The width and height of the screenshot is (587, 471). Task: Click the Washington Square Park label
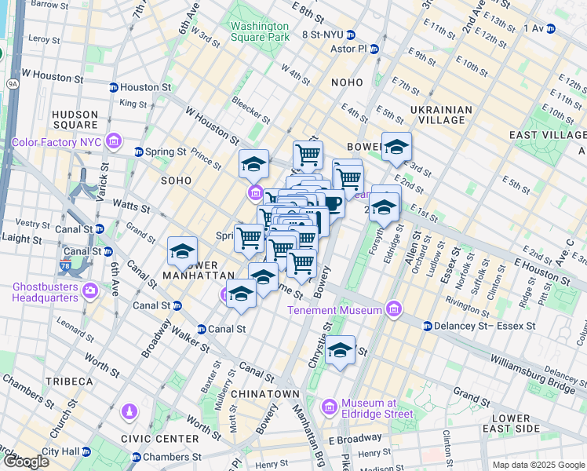pyautogui.click(x=260, y=30)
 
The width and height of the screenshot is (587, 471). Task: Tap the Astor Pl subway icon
pyautogui.click(x=374, y=49)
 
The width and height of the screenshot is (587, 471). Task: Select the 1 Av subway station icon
pyautogui.click(x=550, y=28)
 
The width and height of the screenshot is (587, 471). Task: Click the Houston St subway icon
pyautogui.click(x=114, y=88)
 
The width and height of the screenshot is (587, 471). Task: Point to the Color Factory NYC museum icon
pyautogui.click(x=115, y=142)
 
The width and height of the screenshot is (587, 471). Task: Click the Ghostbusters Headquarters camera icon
pyautogui.click(x=90, y=291)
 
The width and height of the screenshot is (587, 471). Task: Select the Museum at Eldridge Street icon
pyautogui.click(x=330, y=407)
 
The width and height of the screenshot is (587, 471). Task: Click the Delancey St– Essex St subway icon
pyautogui.click(x=428, y=325)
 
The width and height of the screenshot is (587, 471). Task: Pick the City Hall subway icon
pyautogui.click(x=88, y=451)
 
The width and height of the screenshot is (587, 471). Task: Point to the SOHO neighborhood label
pyautogui.click(x=176, y=181)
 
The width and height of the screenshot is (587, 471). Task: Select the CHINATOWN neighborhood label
pyautogui.click(x=264, y=393)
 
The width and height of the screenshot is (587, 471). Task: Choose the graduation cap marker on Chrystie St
pyautogui.click(x=341, y=350)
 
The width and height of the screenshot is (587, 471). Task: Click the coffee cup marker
pyautogui.click(x=333, y=204)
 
